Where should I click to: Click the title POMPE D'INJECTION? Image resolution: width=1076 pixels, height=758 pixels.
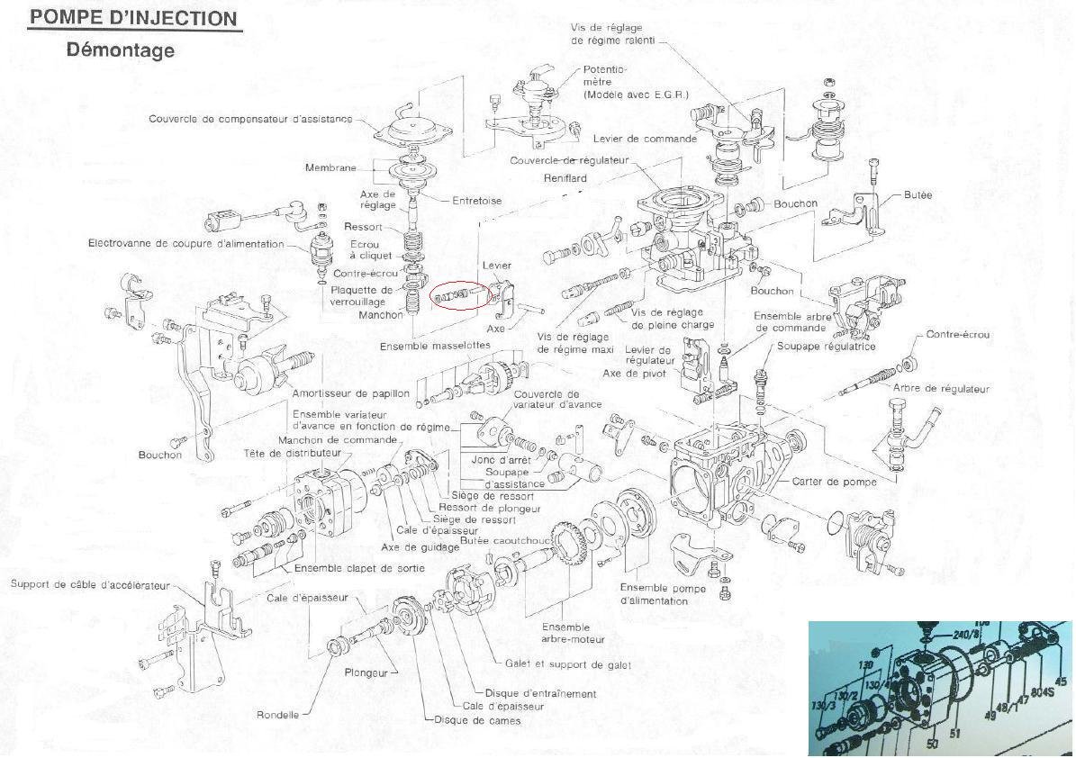[x=134, y=18]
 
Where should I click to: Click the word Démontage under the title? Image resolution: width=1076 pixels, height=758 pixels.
[x=120, y=50]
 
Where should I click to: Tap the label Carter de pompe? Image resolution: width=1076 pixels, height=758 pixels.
[x=834, y=482]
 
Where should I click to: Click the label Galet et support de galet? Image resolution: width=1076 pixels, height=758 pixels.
[x=568, y=665]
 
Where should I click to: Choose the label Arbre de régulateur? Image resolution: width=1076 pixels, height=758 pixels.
[x=941, y=389]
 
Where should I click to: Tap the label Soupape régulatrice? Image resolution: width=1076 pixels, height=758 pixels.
[x=826, y=347]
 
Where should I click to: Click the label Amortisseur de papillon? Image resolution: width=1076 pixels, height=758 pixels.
[x=351, y=393]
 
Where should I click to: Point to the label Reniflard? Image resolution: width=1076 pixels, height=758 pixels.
[x=565, y=178]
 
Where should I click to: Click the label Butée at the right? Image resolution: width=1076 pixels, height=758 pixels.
[x=918, y=194]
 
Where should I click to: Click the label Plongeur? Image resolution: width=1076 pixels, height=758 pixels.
[x=366, y=672]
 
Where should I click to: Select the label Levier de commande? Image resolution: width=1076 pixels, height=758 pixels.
[x=645, y=139]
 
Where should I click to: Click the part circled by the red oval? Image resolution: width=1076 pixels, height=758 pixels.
[x=460, y=293]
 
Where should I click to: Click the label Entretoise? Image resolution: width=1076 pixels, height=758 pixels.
[x=477, y=201]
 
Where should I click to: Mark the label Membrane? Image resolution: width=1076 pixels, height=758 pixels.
[x=330, y=168]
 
